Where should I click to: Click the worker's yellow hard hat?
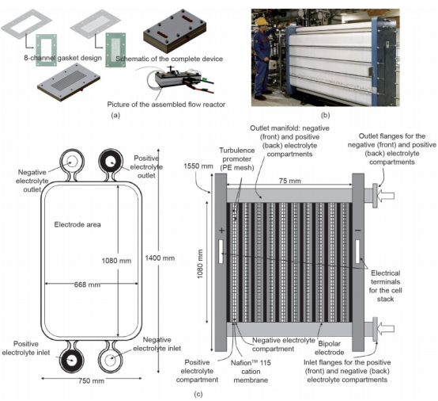point(262,21)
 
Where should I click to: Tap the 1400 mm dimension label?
point(160,258)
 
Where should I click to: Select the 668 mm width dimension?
point(87,285)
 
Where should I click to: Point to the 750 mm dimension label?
point(92,381)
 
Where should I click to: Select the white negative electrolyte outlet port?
point(72,162)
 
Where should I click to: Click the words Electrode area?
point(77,224)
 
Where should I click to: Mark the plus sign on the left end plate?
point(222,231)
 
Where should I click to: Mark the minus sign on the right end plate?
point(358,231)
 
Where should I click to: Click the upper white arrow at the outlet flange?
point(386,196)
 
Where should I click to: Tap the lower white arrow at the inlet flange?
point(386,328)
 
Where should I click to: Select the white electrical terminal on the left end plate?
point(221,251)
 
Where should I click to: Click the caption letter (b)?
point(326,115)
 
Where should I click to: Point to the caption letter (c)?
point(198,395)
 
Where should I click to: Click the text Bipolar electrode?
point(330,348)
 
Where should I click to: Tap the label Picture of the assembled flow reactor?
point(166,105)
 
